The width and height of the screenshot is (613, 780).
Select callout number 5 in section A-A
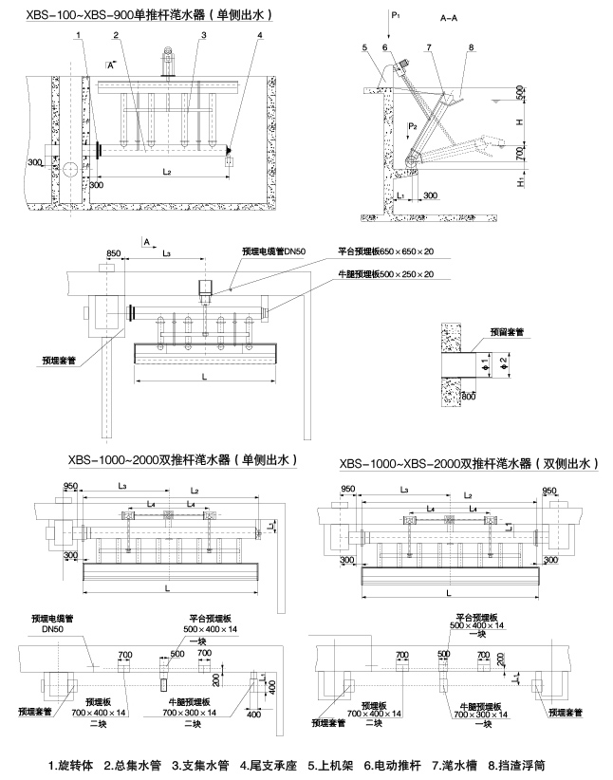[363, 46]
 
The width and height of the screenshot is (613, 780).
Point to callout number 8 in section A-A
[470, 46]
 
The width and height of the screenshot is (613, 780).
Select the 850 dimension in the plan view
[114, 253]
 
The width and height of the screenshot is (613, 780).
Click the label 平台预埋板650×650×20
[386, 252]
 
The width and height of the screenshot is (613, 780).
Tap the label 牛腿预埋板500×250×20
[386, 274]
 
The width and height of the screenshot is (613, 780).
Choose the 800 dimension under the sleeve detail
[468, 395]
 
